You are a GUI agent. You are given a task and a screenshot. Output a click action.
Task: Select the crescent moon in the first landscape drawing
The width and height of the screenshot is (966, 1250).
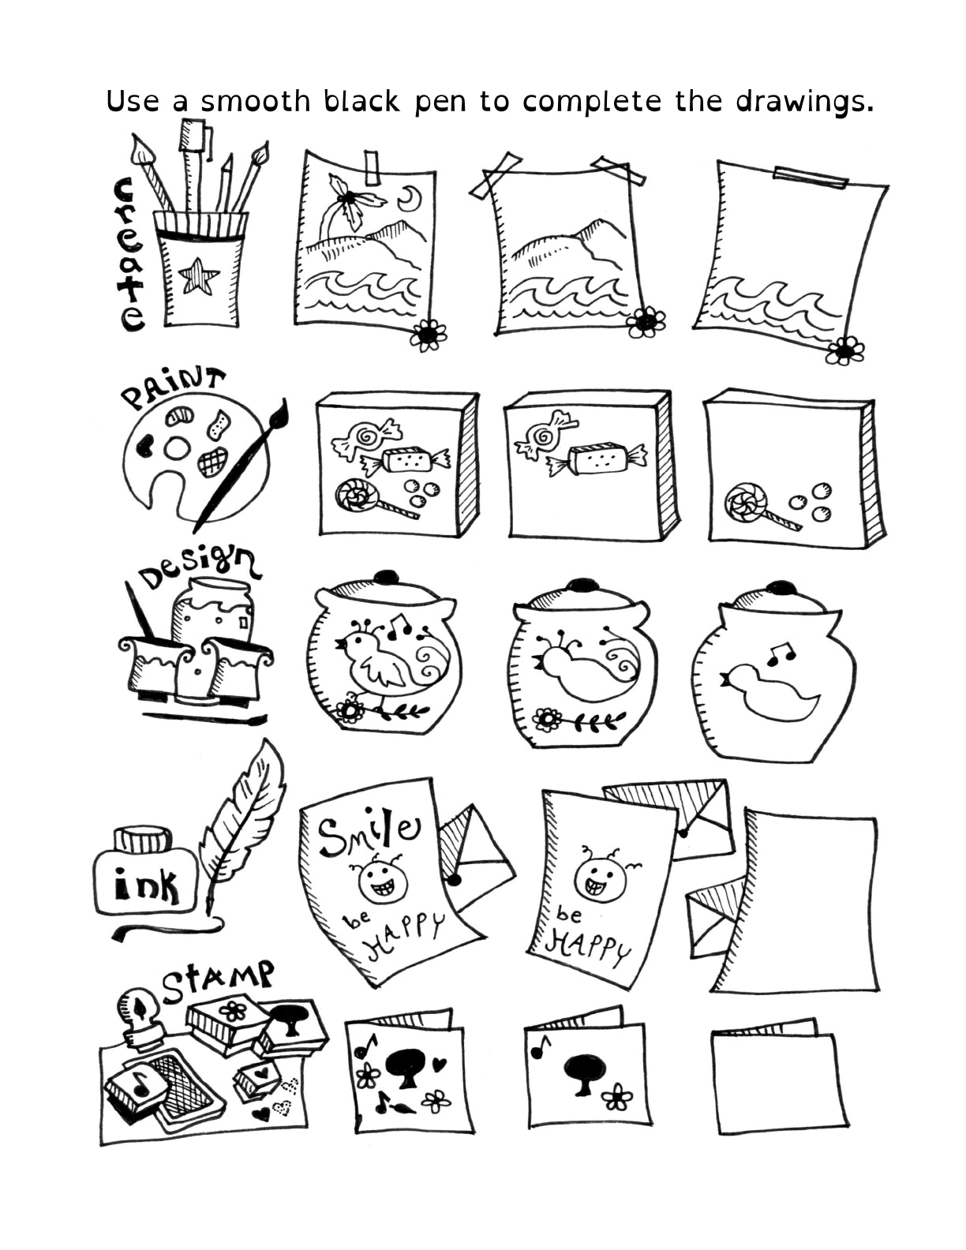pos(410,198)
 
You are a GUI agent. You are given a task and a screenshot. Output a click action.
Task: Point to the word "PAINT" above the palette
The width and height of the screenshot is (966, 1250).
pos(172,387)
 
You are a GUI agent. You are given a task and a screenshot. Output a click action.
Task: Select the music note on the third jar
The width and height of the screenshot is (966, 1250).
pos(781,652)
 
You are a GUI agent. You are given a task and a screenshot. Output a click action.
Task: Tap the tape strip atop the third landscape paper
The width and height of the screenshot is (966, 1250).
pos(811,178)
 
